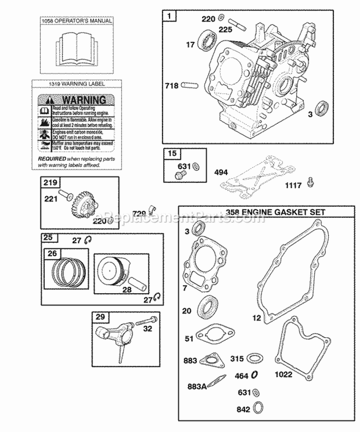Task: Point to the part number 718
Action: [x=171, y=86]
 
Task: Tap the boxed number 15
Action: [x=171, y=154]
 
